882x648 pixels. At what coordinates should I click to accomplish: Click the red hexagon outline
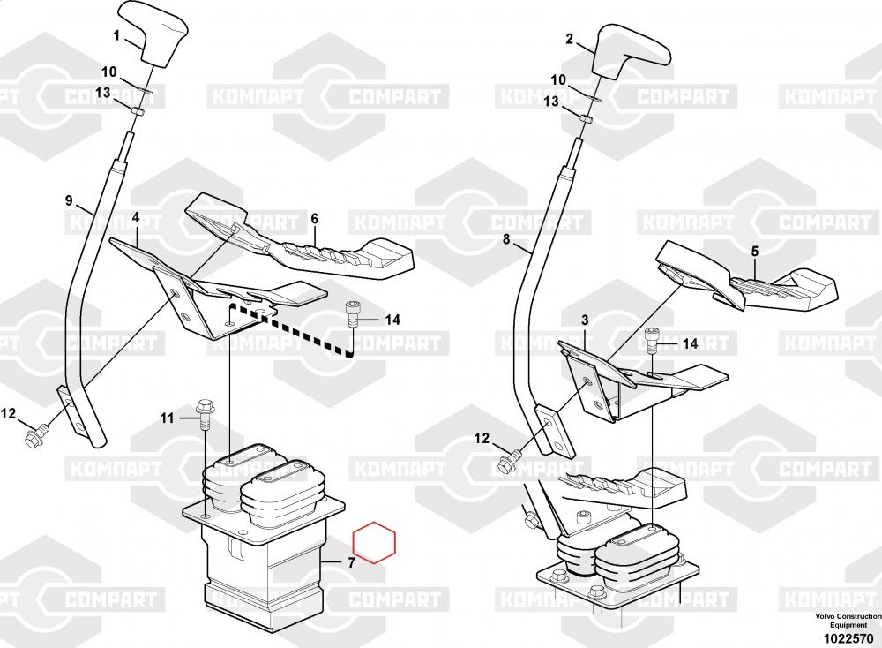click(x=374, y=545)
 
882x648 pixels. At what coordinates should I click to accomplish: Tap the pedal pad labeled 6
click(x=318, y=247)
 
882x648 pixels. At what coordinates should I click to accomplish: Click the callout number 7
click(x=351, y=562)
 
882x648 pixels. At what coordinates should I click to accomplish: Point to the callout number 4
click(x=136, y=216)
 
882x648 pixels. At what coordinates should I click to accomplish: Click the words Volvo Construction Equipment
click(x=841, y=620)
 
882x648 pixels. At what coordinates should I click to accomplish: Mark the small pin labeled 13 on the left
click(x=137, y=111)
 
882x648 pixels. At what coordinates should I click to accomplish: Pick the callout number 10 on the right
click(x=559, y=80)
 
